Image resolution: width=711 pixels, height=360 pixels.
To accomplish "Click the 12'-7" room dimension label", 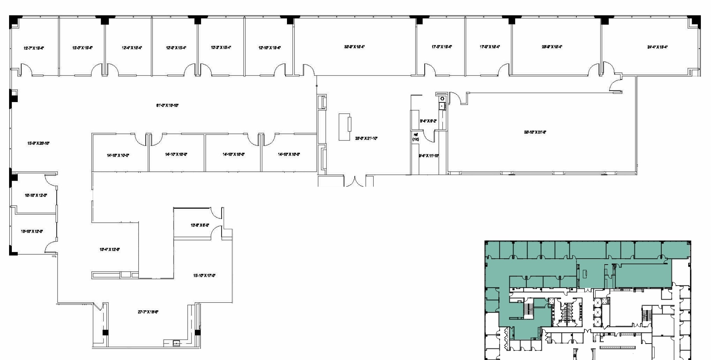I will click(x=34, y=48).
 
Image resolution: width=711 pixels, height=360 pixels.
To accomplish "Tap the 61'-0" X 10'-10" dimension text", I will click(x=167, y=105).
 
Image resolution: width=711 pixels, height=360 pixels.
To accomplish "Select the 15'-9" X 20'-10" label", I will click(x=38, y=143).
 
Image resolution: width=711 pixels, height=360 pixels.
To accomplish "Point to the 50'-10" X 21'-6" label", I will click(x=535, y=132).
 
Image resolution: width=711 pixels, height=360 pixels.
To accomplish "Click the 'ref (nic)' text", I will click(x=416, y=137).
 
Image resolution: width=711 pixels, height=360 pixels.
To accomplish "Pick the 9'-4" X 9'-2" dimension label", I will click(x=428, y=121).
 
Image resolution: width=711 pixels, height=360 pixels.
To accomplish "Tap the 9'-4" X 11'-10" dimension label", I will click(x=429, y=156).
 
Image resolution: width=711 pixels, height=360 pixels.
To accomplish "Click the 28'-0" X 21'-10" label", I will click(x=366, y=138).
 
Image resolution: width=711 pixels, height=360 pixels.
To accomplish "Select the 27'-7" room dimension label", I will click(x=148, y=312).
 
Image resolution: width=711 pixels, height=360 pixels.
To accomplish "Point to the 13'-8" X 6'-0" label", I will click(x=200, y=225).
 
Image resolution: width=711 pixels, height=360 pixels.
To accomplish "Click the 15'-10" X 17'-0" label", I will click(x=204, y=275).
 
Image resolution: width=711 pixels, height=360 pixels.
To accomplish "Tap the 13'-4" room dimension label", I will click(x=110, y=250).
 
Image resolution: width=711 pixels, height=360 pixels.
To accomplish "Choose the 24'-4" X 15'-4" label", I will click(x=657, y=47).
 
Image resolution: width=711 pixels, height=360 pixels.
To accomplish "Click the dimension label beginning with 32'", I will click(x=354, y=46).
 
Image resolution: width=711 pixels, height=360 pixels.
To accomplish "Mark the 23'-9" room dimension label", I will click(x=552, y=46).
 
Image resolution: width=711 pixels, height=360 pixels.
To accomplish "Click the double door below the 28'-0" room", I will click(x=355, y=182).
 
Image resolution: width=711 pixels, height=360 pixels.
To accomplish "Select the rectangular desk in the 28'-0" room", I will click(x=345, y=127).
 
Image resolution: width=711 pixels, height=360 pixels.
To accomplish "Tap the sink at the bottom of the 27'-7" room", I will click(x=177, y=343).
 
